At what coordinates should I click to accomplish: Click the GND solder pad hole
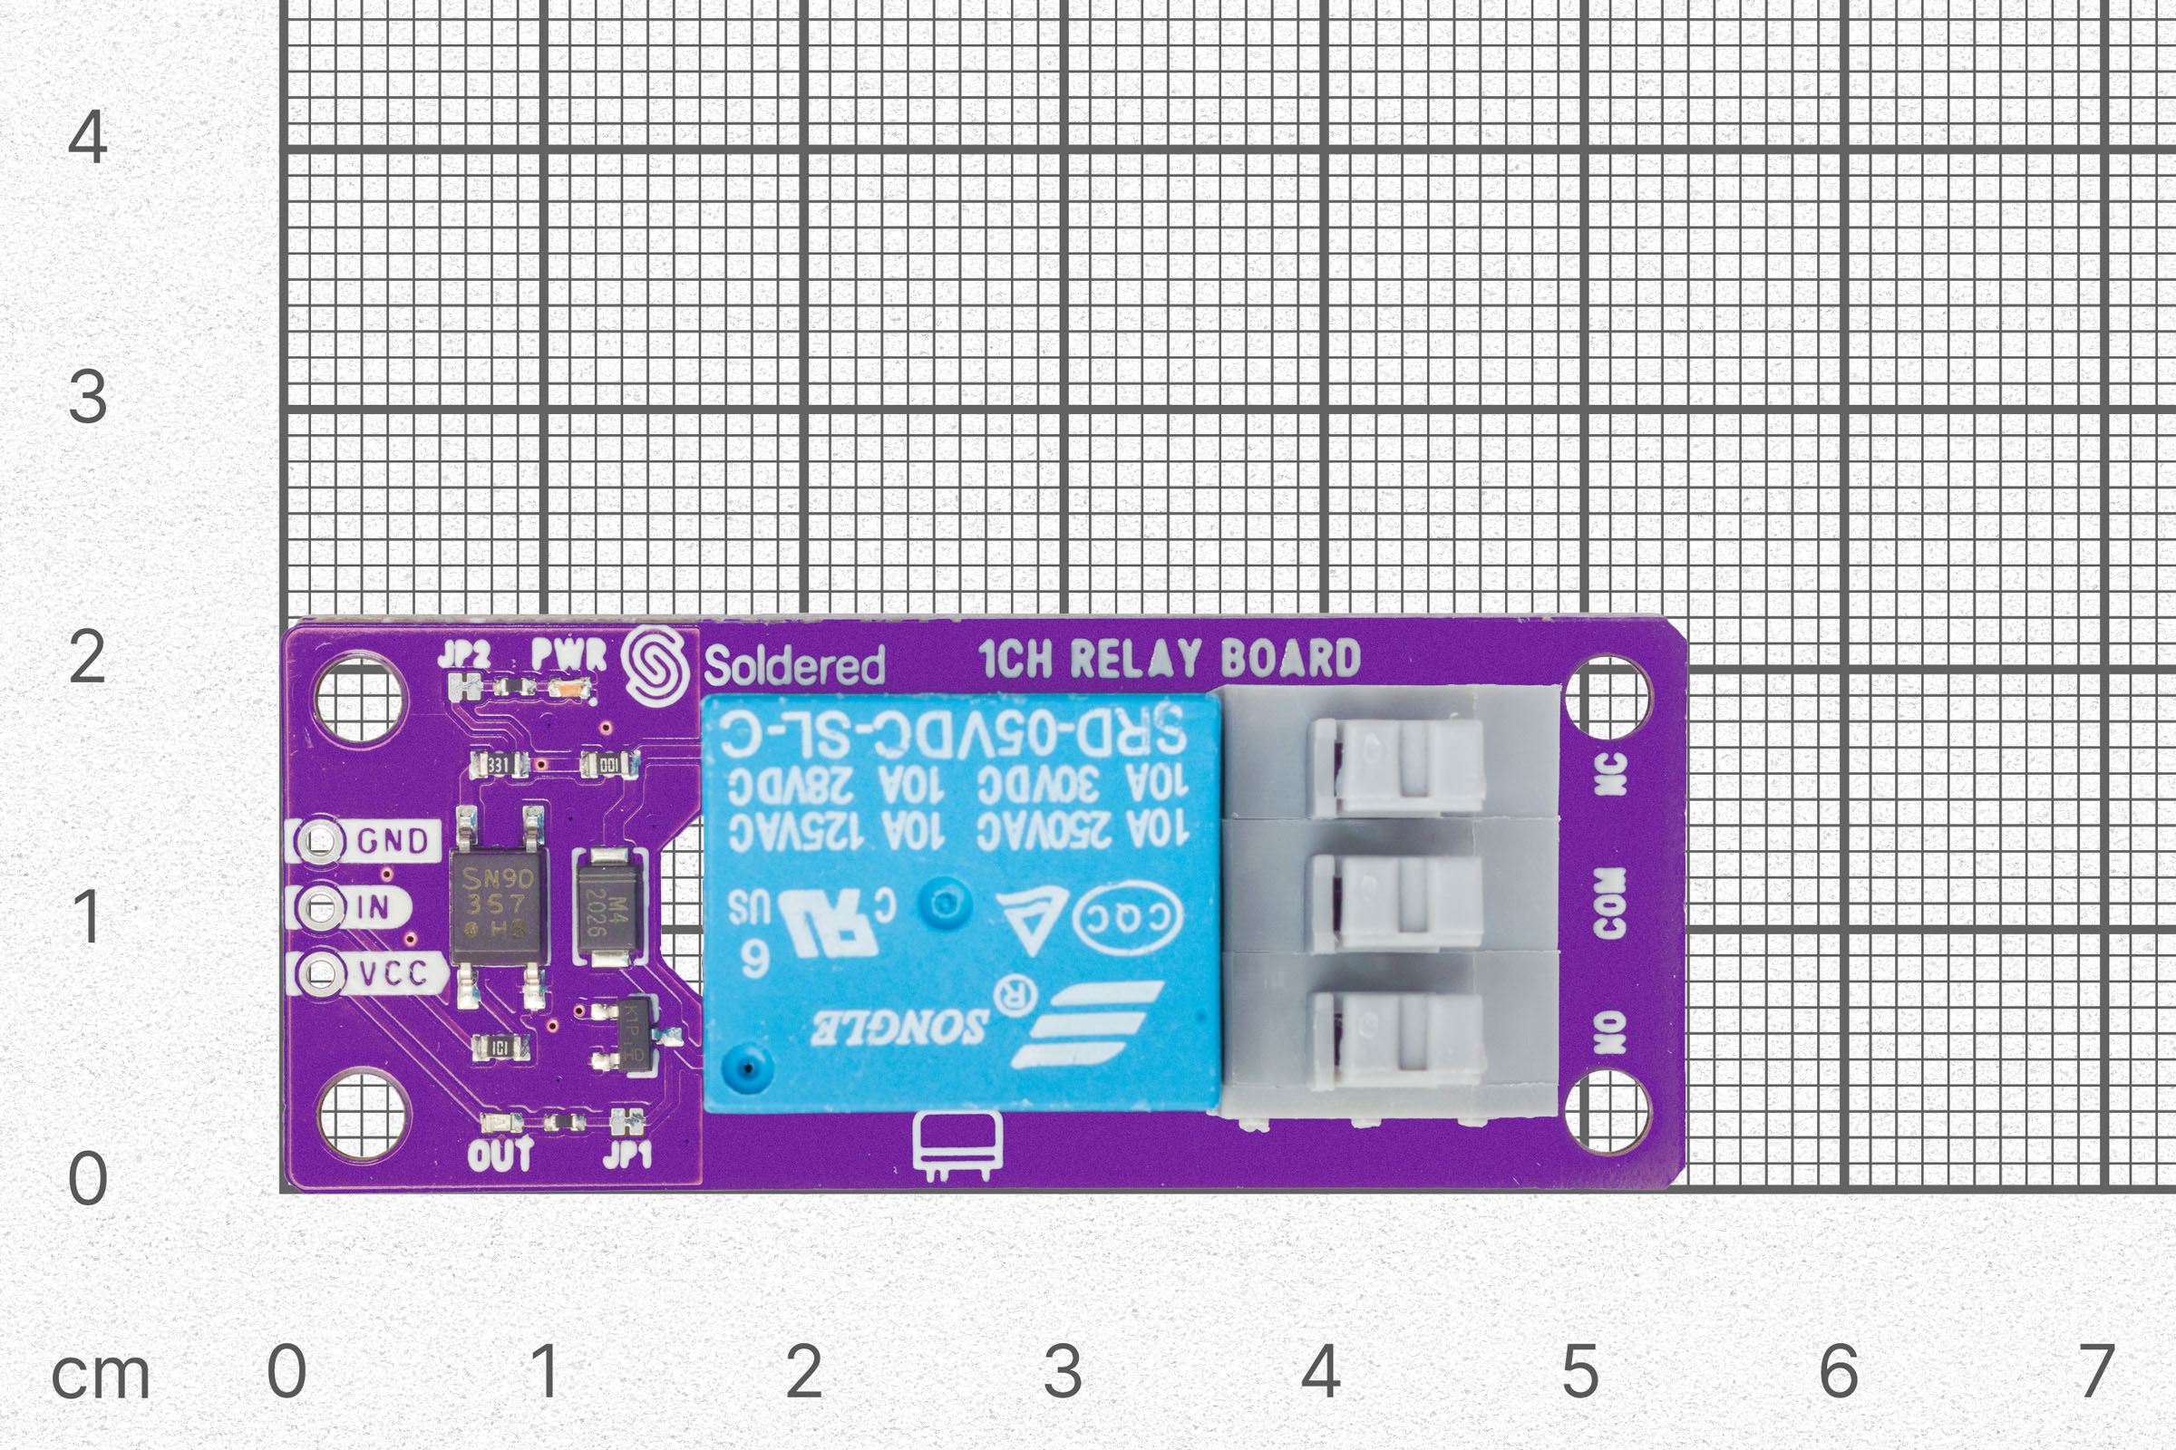tap(320, 841)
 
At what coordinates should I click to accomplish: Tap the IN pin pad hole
tap(320, 907)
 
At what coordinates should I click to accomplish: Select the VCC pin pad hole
tap(320, 972)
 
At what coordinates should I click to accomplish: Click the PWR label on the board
tap(569, 653)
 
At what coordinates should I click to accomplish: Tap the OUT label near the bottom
tap(500, 1154)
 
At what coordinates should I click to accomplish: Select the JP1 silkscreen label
tap(627, 1154)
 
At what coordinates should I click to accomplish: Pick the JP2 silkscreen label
tap(464, 654)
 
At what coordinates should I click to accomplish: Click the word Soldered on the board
tap(794, 666)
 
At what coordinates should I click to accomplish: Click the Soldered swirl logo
tap(655, 666)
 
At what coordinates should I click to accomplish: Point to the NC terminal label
tap(1611, 773)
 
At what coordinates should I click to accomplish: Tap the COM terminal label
tap(1611, 903)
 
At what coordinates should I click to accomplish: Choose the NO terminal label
tap(1611, 1032)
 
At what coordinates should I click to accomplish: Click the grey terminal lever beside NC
tap(1397, 767)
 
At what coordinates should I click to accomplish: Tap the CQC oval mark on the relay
tap(1127, 918)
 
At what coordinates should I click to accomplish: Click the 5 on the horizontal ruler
tap(1580, 1370)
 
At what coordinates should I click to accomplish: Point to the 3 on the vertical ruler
tap(88, 397)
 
